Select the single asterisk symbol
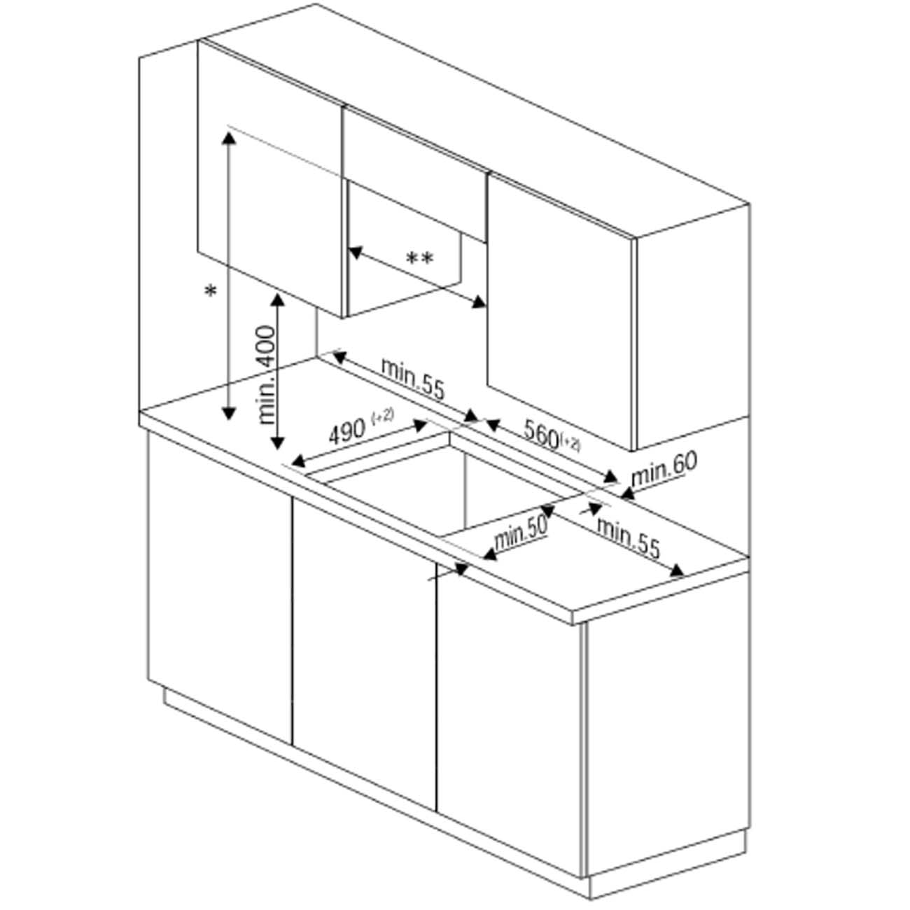coord(211,291)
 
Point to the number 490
coord(347,433)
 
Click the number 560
coord(541,433)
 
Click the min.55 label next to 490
coord(413,379)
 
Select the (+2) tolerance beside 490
coord(382,416)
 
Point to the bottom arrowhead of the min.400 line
coord(278,443)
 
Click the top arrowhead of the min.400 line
coord(278,300)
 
